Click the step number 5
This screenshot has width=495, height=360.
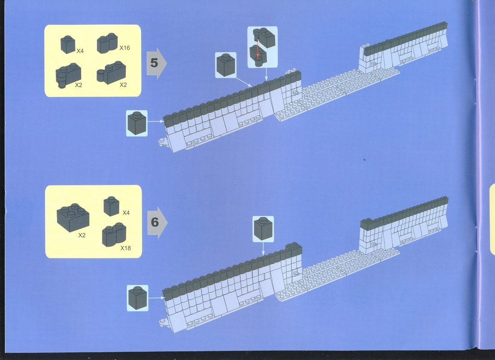(x=154, y=63)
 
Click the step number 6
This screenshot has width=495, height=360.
(x=155, y=222)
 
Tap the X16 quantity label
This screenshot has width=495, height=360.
(x=125, y=48)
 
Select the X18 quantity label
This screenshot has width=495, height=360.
(x=125, y=248)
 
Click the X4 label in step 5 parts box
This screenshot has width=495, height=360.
(x=80, y=50)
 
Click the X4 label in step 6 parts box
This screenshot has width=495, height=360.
(x=126, y=213)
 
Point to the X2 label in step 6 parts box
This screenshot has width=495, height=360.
(x=82, y=235)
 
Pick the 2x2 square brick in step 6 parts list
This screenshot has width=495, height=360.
(x=73, y=217)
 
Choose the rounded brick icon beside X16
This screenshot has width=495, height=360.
(x=107, y=43)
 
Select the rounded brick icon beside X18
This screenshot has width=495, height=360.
(x=114, y=234)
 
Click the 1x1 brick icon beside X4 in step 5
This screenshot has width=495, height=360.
(x=68, y=45)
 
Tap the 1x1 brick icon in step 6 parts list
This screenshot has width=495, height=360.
(x=111, y=206)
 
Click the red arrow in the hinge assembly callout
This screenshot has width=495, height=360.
(x=258, y=48)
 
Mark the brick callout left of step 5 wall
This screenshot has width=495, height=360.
(x=137, y=123)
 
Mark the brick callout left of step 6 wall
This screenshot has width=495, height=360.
(x=138, y=298)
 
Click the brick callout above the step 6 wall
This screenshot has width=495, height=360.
(x=263, y=229)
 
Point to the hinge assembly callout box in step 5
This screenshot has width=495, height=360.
(x=263, y=47)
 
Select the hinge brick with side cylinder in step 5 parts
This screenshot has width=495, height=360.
(x=111, y=73)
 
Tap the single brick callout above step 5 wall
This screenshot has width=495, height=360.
(x=226, y=65)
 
